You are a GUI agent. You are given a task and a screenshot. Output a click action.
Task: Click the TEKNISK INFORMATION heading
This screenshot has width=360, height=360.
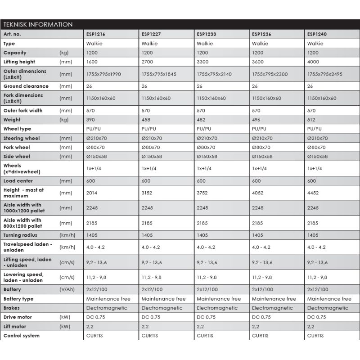38,24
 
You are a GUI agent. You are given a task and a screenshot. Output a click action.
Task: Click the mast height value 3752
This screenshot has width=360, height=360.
202,193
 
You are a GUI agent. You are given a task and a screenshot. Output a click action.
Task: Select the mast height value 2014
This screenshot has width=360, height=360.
91,193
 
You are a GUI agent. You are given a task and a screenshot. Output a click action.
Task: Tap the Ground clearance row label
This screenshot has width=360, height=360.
26,86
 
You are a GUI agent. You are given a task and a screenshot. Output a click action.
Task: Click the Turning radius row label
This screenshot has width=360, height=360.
20,235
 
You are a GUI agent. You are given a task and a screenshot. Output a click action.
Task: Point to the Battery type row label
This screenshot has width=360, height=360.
18,299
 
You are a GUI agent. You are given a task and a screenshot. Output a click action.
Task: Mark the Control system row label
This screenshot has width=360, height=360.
22,336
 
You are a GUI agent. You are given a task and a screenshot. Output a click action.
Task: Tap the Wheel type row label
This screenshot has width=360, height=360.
17,129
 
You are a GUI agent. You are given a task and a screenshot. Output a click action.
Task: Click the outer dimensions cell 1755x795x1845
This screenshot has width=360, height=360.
159,74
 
